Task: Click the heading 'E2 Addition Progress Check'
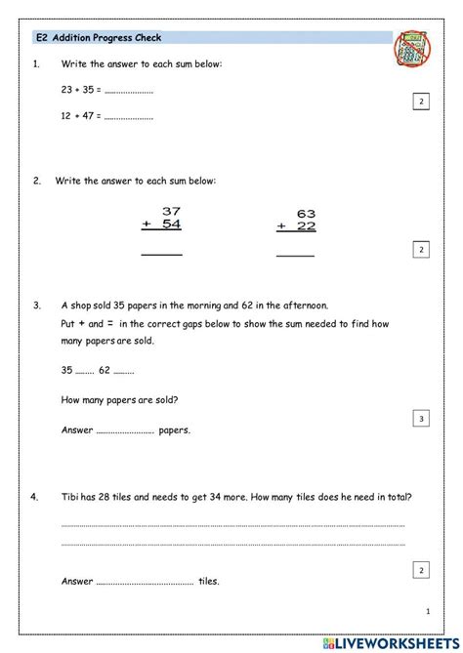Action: coord(98,38)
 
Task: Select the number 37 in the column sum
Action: coord(171,211)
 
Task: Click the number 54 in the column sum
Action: coord(171,224)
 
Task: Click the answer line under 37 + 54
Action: coord(161,254)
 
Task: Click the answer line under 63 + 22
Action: coord(296,255)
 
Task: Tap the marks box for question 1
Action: coord(420,102)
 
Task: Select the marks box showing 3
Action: coord(420,419)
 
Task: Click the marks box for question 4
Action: coord(420,570)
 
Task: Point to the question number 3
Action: coord(36,306)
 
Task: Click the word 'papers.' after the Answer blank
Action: coord(175,429)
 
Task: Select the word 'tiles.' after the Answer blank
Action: coord(209,582)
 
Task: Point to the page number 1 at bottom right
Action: coord(428,611)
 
